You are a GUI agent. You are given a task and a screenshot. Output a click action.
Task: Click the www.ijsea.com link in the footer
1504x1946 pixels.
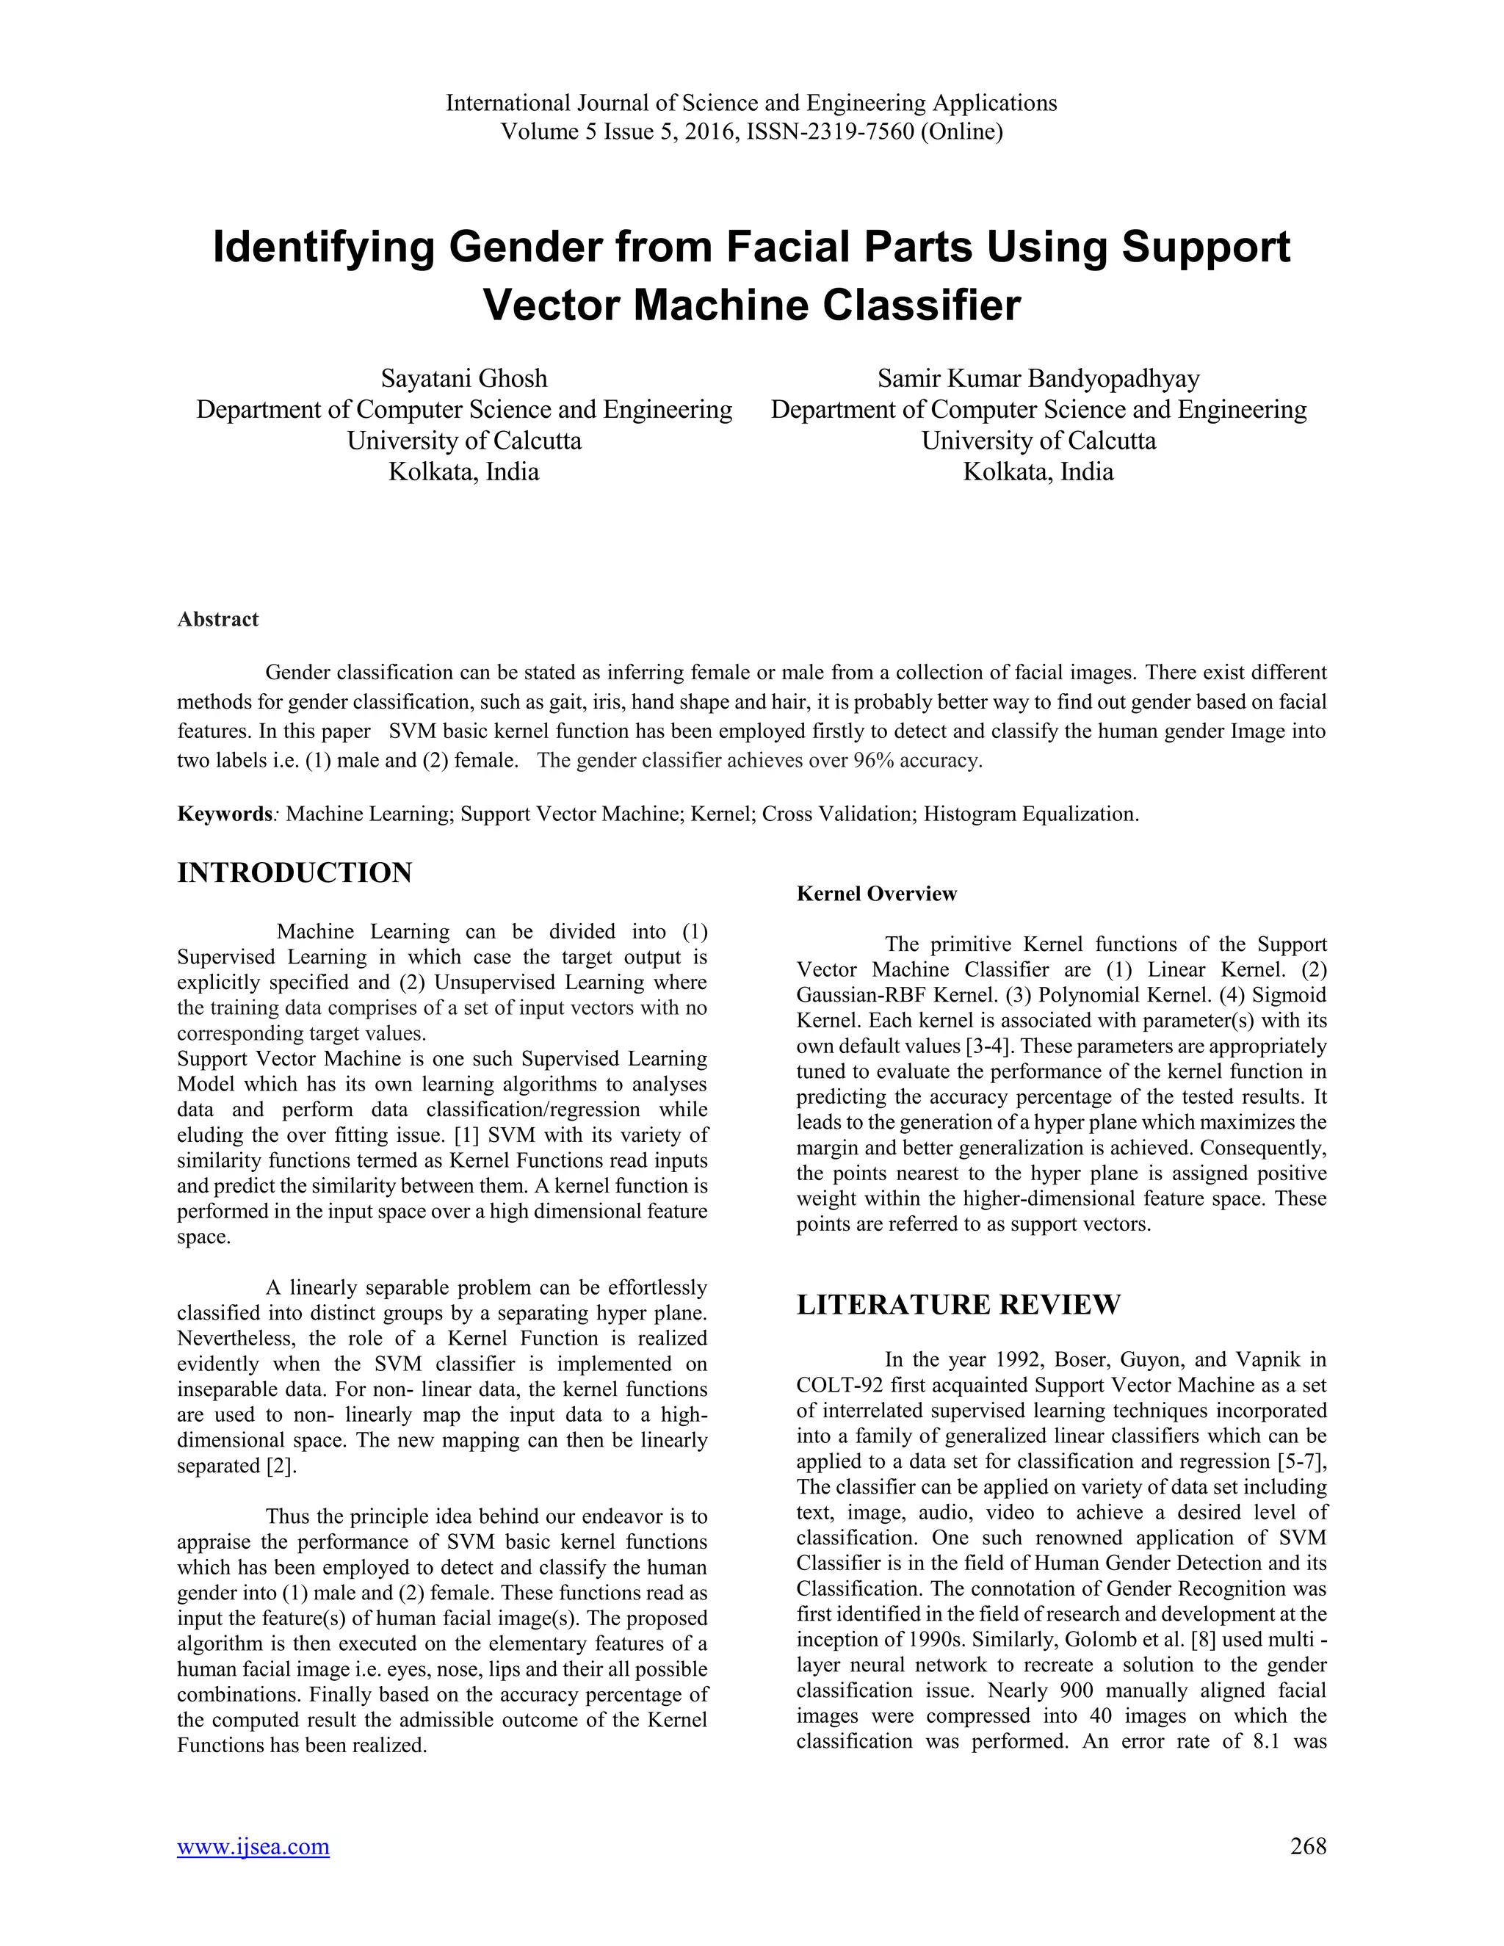tap(253, 1846)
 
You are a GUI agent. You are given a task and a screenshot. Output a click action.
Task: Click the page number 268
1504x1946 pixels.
tap(1308, 1846)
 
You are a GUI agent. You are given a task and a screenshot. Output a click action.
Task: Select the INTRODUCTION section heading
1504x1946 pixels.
tap(295, 872)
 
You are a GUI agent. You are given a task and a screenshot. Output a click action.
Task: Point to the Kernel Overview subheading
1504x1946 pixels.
tap(876, 894)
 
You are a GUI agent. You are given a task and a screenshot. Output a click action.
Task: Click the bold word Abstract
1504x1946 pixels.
tap(217, 619)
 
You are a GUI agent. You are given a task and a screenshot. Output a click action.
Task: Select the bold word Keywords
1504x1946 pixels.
tap(225, 814)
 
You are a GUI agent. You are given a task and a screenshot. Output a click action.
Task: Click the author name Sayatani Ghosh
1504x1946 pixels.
tap(464, 379)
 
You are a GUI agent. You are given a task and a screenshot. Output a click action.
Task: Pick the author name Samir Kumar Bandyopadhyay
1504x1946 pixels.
tap(1038, 379)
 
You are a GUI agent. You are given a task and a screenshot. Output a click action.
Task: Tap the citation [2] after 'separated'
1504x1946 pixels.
tap(281, 1466)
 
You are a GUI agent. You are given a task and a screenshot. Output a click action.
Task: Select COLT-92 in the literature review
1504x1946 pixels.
tap(836, 1386)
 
